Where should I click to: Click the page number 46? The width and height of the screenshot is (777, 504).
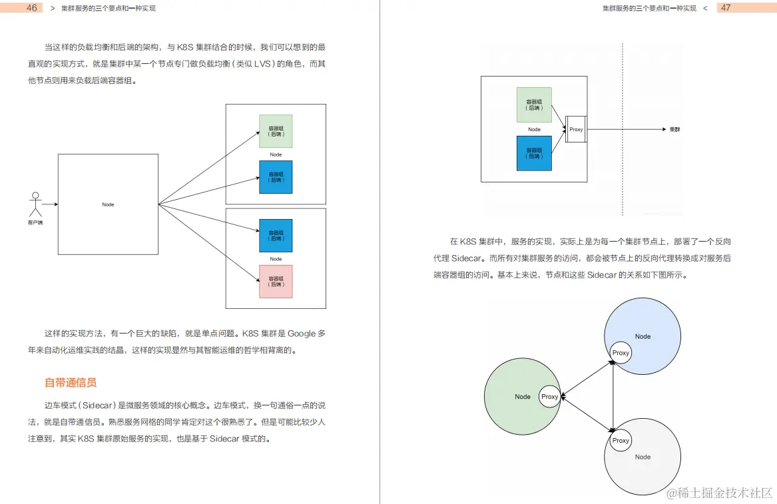(x=31, y=8)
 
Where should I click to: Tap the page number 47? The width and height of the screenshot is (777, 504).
(x=726, y=8)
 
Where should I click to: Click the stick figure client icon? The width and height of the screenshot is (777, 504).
(x=36, y=204)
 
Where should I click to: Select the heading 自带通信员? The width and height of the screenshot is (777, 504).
(x=71, y=383)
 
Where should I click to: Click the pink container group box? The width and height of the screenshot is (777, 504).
(x=276, y=282)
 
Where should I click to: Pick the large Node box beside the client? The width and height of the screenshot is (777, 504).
(x=108, y=204)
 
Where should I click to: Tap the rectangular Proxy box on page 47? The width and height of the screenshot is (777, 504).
(x=576, y=129)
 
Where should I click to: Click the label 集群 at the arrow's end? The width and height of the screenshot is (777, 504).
(x=674, y=129)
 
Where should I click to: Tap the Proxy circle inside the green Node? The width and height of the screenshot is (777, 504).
(x=550, y=397)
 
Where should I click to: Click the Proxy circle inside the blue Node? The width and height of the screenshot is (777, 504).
(x=621, y=353)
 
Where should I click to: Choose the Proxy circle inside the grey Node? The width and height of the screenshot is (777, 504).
(x=621, y=441)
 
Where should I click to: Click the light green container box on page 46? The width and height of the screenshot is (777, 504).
(x=276, y=131)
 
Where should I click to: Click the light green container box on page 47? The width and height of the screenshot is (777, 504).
(x=534, y=105)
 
